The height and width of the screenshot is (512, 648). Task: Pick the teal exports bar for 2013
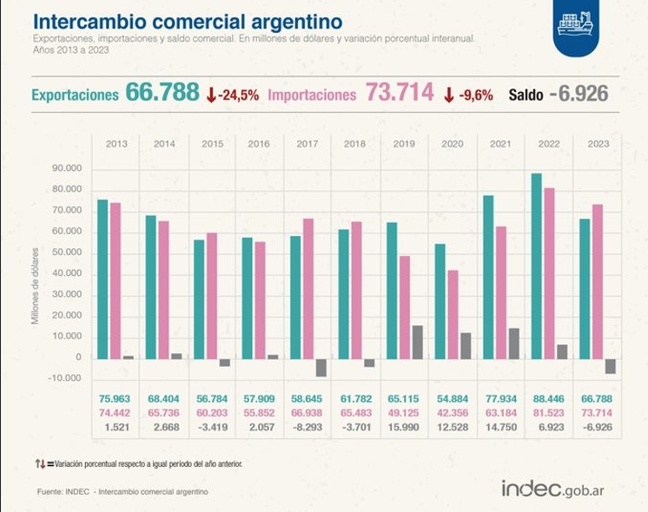[x=102, y=278]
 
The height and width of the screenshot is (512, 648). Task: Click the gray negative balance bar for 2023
[x=611, y=365]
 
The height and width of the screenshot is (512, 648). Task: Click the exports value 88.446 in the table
[x=548, y=398]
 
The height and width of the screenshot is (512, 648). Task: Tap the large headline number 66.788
[x=162, y=93]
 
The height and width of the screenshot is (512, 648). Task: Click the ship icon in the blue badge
[x=577, y=23]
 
